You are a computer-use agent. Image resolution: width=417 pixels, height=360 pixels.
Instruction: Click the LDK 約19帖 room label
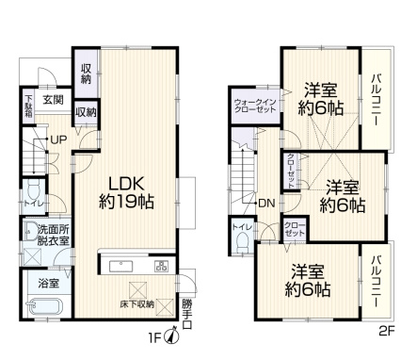(x=126, y=192)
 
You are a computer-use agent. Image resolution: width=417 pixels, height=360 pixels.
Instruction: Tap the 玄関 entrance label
(x=53, y=100)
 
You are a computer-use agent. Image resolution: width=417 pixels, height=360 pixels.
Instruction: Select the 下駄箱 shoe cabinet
(x=28, y=106)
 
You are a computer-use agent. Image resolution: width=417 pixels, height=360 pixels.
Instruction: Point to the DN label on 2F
(x=266, y=204)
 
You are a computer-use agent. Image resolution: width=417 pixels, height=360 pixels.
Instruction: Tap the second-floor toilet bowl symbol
(x=242, y=244)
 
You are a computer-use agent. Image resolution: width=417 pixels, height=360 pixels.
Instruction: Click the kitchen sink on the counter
(x=121, y=266)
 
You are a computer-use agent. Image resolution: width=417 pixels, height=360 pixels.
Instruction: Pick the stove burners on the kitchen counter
(x=161, y=266)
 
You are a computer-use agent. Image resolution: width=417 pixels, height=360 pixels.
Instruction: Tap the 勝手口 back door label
(x=186, y=314)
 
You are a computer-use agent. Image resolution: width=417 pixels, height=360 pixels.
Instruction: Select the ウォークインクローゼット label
(x=255, y=106)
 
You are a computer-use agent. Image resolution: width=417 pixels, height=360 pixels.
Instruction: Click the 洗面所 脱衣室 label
(x=54, y=236)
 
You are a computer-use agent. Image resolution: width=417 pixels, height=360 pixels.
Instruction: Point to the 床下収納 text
(x=137, y=304)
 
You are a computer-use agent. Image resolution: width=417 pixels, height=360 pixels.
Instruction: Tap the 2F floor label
(x=386, y=331)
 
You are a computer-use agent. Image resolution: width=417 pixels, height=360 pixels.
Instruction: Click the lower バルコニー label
(x=376, y=282)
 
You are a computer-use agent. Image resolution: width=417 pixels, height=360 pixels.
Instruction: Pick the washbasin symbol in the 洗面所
(x=31, y=231)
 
